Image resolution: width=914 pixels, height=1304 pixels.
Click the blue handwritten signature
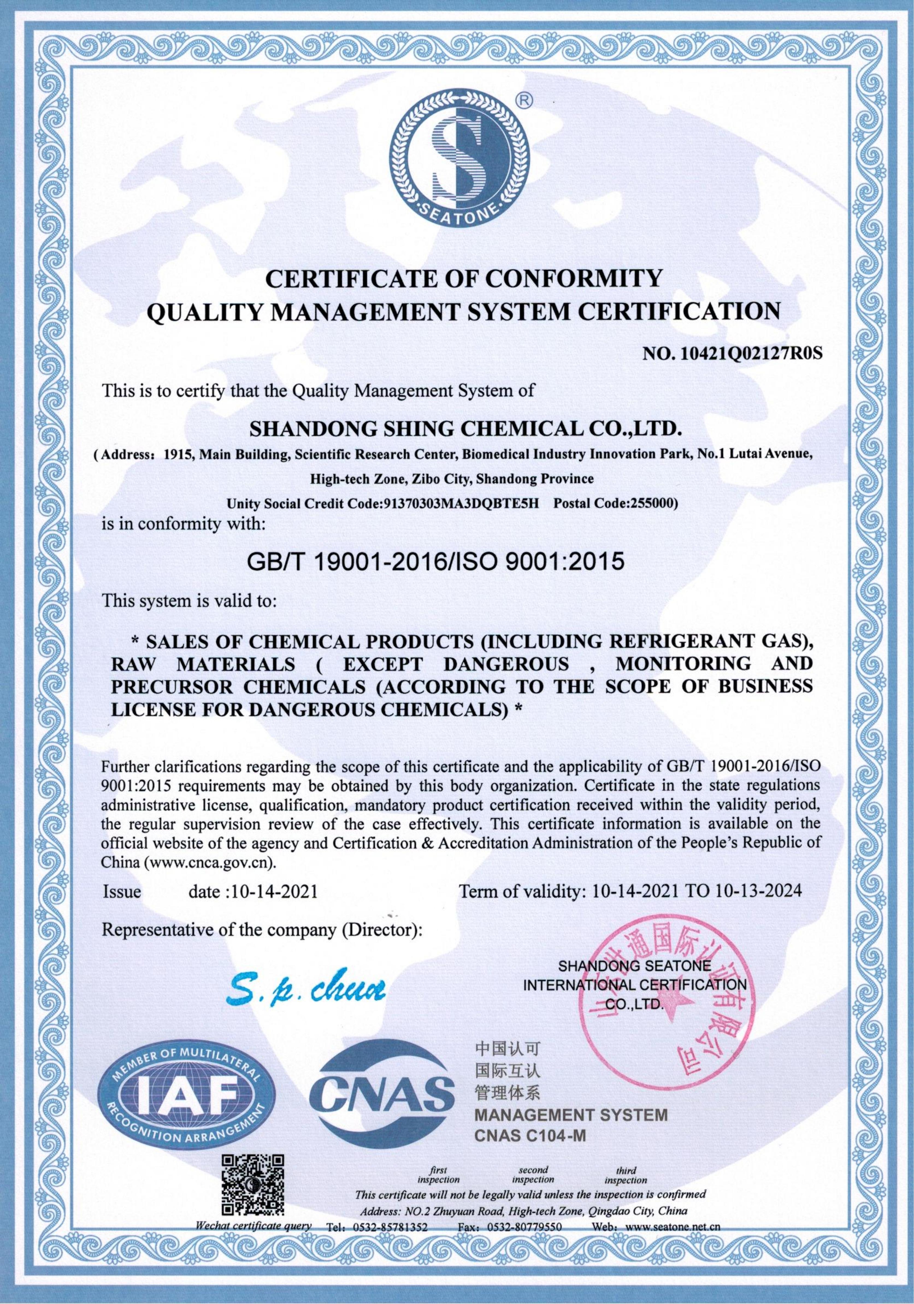[x=305, y=988]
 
